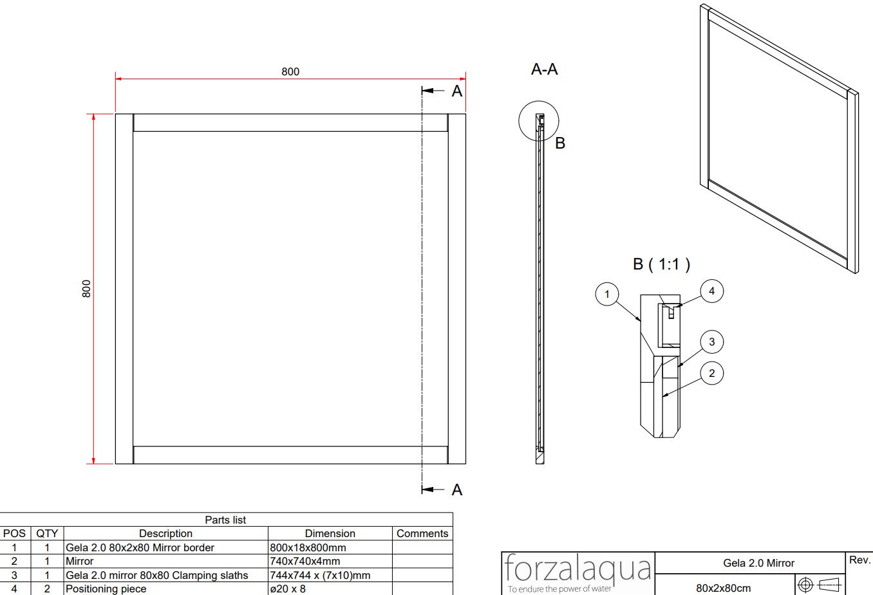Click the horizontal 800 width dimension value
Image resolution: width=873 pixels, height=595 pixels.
tap(290, 71)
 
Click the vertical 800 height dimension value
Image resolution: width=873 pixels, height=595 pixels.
tap(86, 289)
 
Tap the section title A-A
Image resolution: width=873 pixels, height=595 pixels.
tap(545, 69)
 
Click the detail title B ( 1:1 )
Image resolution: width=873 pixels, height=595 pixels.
tap(661, 264)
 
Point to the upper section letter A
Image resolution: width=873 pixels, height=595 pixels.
tap(456, 91)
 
